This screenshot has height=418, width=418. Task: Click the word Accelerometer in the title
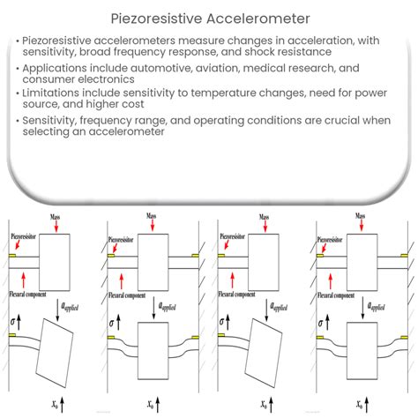click(260, 17)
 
